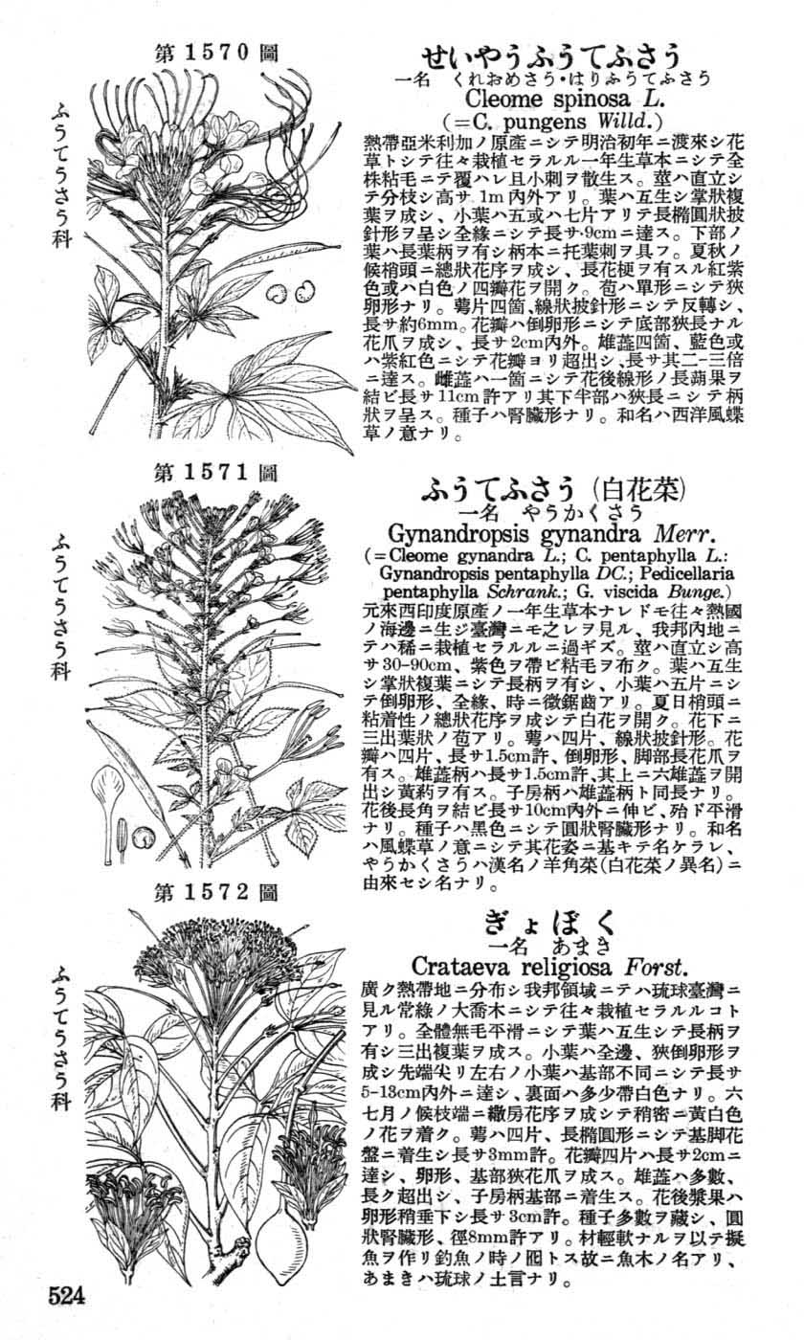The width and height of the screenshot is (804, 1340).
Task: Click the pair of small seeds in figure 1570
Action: point(293,290)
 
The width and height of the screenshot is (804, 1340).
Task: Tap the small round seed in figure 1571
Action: point(142,837)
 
